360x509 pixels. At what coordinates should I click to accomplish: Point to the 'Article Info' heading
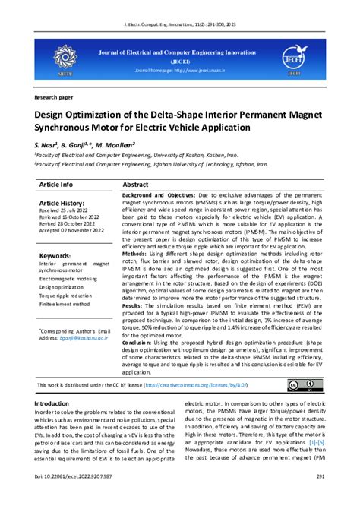tap(56, 184)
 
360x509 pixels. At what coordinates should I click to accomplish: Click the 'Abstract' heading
tap(135, 184)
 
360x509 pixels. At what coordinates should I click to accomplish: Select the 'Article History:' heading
tap(64, 204)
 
